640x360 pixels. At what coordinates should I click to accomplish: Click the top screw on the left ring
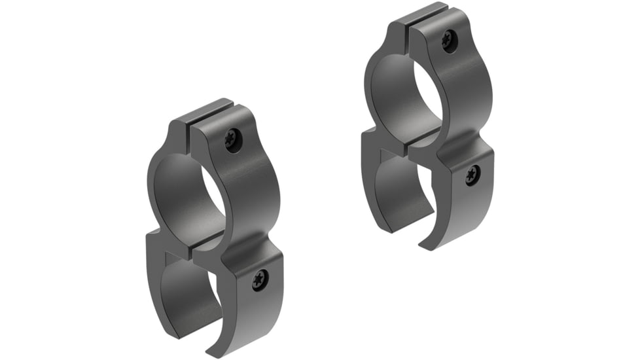[232, 138]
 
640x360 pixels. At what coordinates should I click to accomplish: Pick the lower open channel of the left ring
[190, 288]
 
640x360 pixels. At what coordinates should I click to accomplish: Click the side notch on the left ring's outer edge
[149, 234]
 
